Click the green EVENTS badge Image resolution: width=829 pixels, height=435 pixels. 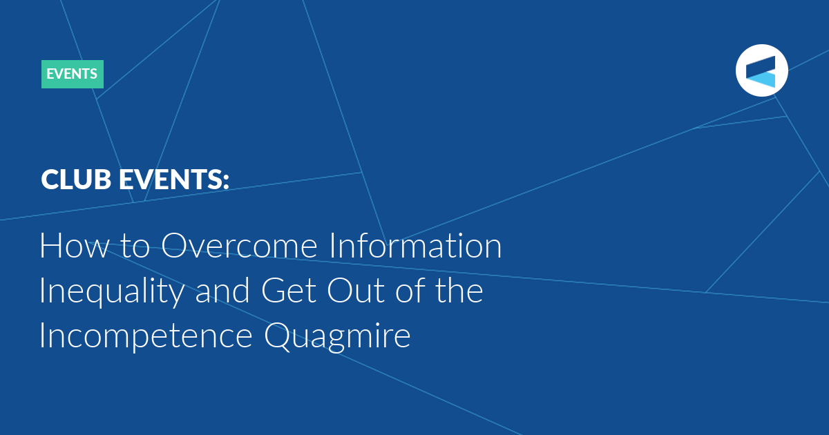(72, 74)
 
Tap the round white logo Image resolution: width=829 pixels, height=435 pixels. (761, 70)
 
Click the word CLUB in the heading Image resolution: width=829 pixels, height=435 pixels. (76, 180)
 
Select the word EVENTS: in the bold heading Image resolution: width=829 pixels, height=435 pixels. (173, 180)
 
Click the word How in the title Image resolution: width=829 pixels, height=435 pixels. (74, 245)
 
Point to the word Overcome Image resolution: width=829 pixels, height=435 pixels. (239, 245)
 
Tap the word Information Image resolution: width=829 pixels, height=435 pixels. (415, 245)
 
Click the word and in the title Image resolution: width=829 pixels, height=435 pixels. (222, 291)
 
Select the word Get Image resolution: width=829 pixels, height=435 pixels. (289, 291)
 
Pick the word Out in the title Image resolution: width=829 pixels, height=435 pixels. (356, 291)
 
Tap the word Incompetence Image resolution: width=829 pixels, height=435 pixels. (146, 336)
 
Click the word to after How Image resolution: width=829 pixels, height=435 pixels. (135, 246)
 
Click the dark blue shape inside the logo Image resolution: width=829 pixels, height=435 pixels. (761, 66)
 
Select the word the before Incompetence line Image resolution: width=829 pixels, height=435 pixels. (459, 290)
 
